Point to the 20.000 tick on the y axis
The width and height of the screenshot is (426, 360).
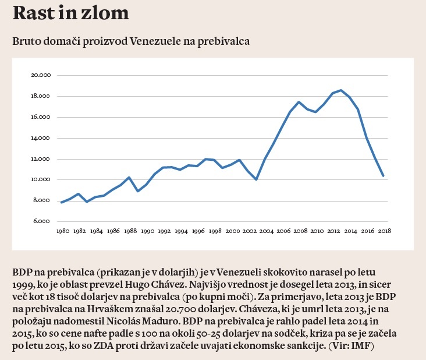click(41, 75)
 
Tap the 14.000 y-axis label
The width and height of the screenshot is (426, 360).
click(41, 138)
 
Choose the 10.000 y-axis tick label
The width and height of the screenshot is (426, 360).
click(41, 180)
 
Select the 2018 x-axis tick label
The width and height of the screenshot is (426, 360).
click(384, 231)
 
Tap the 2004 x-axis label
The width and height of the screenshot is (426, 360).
click(265, 231)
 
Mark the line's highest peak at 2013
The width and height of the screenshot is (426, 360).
click(341, 90)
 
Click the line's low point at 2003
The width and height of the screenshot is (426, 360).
click(257, 179)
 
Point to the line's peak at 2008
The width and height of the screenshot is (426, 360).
click(299, 102)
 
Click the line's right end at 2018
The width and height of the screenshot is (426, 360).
click(384, 175)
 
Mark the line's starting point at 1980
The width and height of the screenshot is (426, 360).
click(62, 203)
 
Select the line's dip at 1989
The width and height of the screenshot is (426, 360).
click(138, 191)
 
